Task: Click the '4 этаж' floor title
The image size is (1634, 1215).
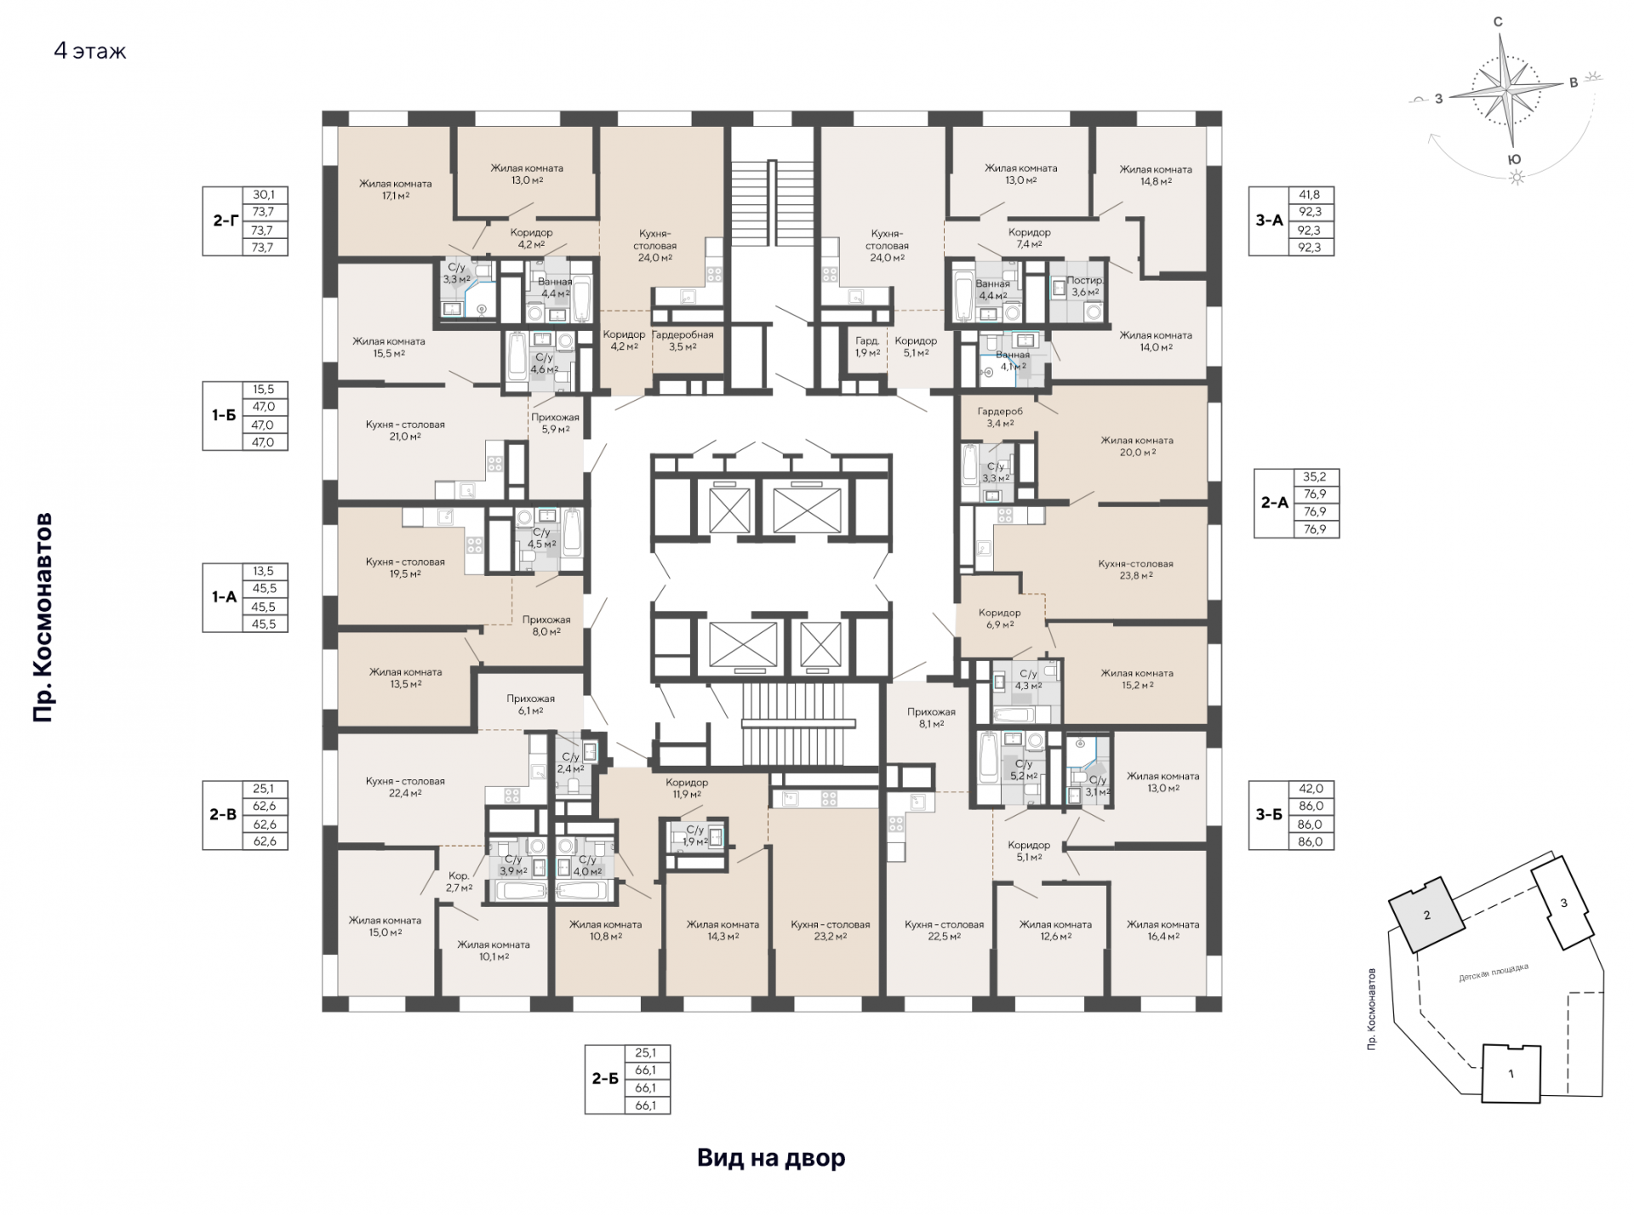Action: (x=90, y=51)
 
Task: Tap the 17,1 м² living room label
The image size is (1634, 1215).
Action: (x=395, y=189)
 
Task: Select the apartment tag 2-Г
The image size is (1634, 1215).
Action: (x=224, y=220)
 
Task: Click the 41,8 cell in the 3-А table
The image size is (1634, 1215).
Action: (x=1310, y=194)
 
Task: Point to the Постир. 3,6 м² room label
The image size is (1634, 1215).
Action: (x=1085, y=286)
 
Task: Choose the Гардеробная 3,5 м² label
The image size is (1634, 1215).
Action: (x=683, y=340)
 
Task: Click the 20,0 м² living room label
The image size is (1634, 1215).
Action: (x=1137, y=446)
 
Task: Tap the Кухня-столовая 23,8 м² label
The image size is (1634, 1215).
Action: (x=1135, y=569)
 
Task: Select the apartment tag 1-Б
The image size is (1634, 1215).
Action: (x=224, y=415)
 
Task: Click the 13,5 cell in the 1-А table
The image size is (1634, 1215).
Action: (x=264, y=571)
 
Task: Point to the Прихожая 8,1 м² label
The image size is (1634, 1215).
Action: (x=931, y=717)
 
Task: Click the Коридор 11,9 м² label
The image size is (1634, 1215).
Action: (x=687, y=788)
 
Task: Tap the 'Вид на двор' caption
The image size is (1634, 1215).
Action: (x=771, y=1158)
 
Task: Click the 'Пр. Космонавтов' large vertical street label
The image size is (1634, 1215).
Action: (x=43, y=617)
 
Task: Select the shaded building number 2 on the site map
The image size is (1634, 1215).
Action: (x=1427, y=916)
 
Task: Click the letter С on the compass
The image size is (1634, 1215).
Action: (x=1498, y=22)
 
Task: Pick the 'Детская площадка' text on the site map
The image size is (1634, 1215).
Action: (x=1494, y=973)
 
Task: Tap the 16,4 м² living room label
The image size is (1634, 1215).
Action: (x=1163, y=930)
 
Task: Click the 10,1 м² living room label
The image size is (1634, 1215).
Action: (x=493, y=950)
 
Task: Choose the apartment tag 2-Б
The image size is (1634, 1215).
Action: (x=605, y=1078)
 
